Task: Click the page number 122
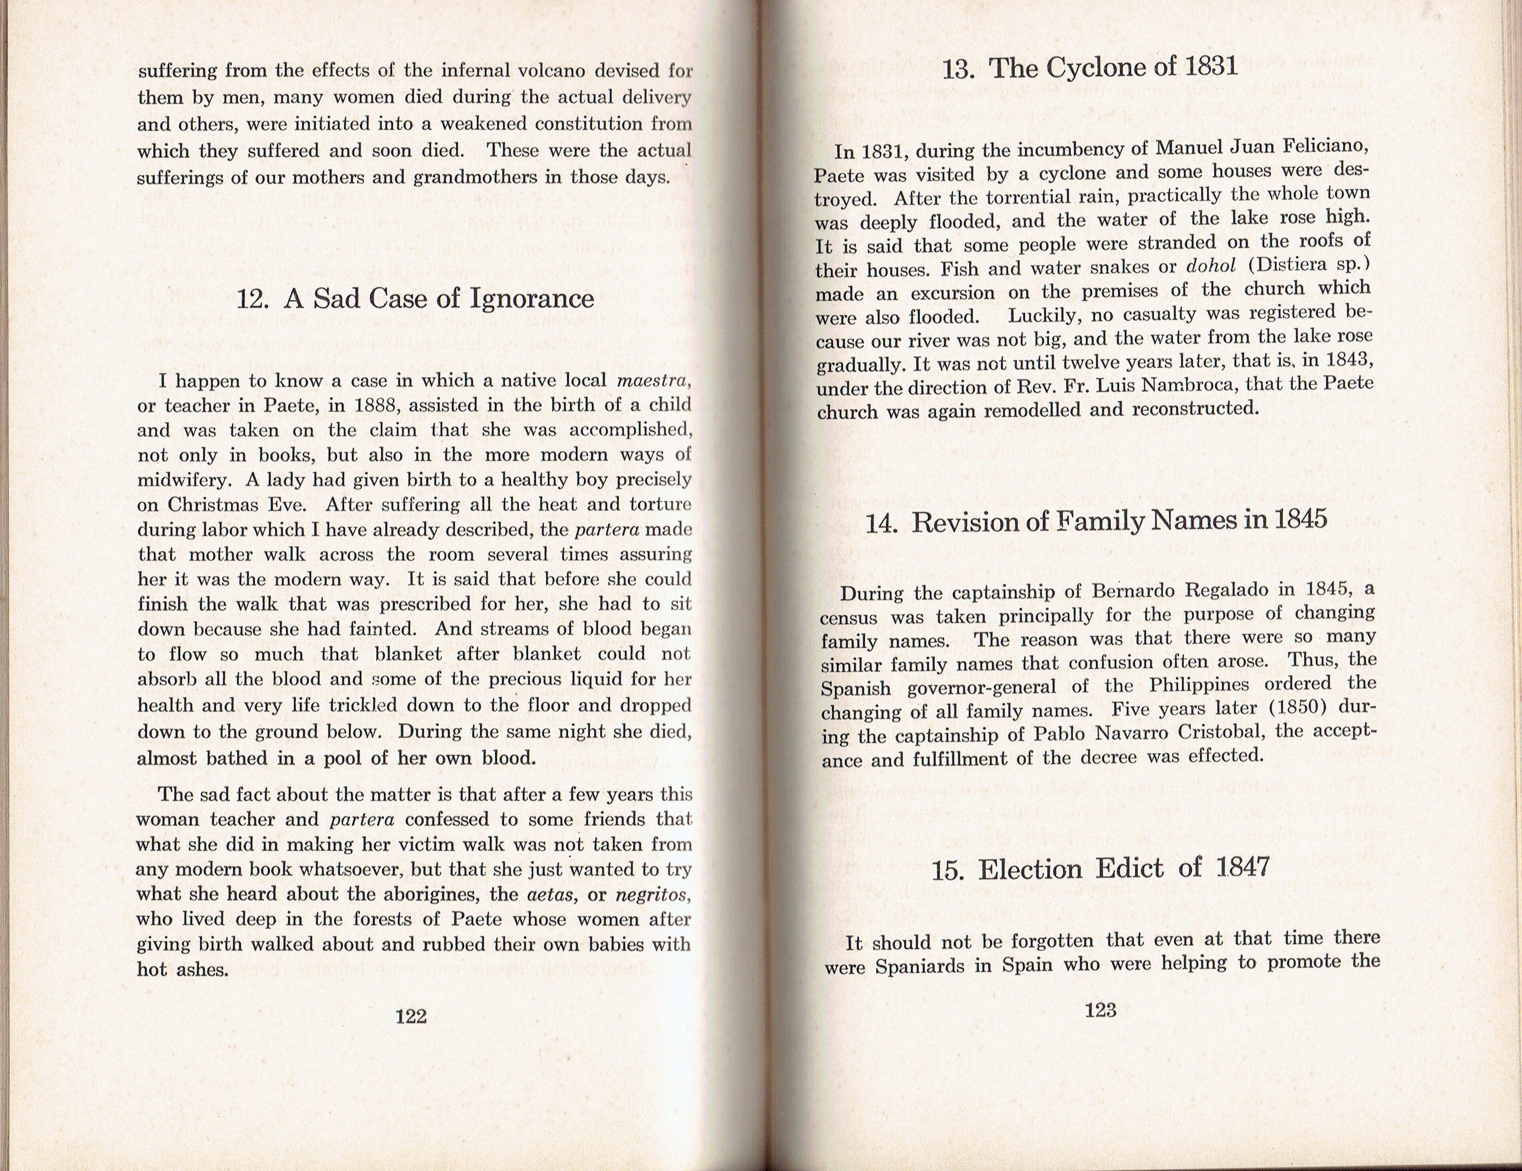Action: point(411,1016)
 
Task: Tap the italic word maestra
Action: point(653,381)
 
